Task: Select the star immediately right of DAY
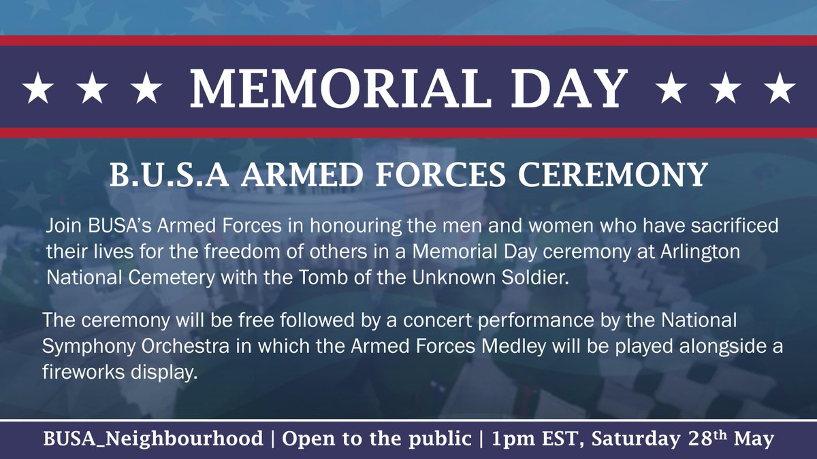(671, 89)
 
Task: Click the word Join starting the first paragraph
(61, 225)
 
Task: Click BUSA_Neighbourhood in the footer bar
(153, 439)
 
